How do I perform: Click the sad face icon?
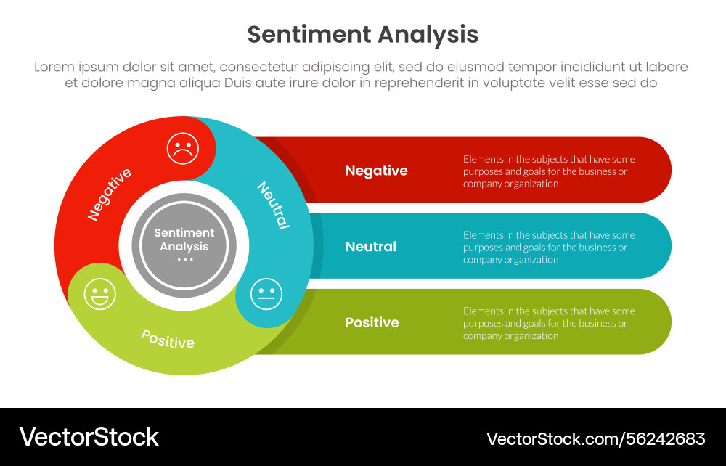click(x=183, y=149)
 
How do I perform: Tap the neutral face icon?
click(x=266, y=294)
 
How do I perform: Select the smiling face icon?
click(x=99, y=294)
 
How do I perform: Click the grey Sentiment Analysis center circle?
click(x=184, y=246)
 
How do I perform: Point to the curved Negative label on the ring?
click(x=110, y=195)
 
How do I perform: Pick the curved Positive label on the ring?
click(x=168, y=339)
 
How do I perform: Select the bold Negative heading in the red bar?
click(x=376, y=171)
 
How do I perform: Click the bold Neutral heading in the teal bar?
click(x=371, y=247)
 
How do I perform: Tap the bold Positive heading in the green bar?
click(x=372, y=322)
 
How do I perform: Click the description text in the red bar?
click(x=549, y=171)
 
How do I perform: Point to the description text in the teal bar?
click(x=549, y=247)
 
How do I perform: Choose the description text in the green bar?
click(x=549, y=323)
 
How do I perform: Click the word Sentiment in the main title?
click(x=309, y=34)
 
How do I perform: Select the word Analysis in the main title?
click(x=428, y=35)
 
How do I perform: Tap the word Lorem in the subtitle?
click(x=54, y=67)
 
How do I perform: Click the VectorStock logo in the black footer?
click(x=89, y=437)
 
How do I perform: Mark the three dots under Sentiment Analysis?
click(x=184, y=260)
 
